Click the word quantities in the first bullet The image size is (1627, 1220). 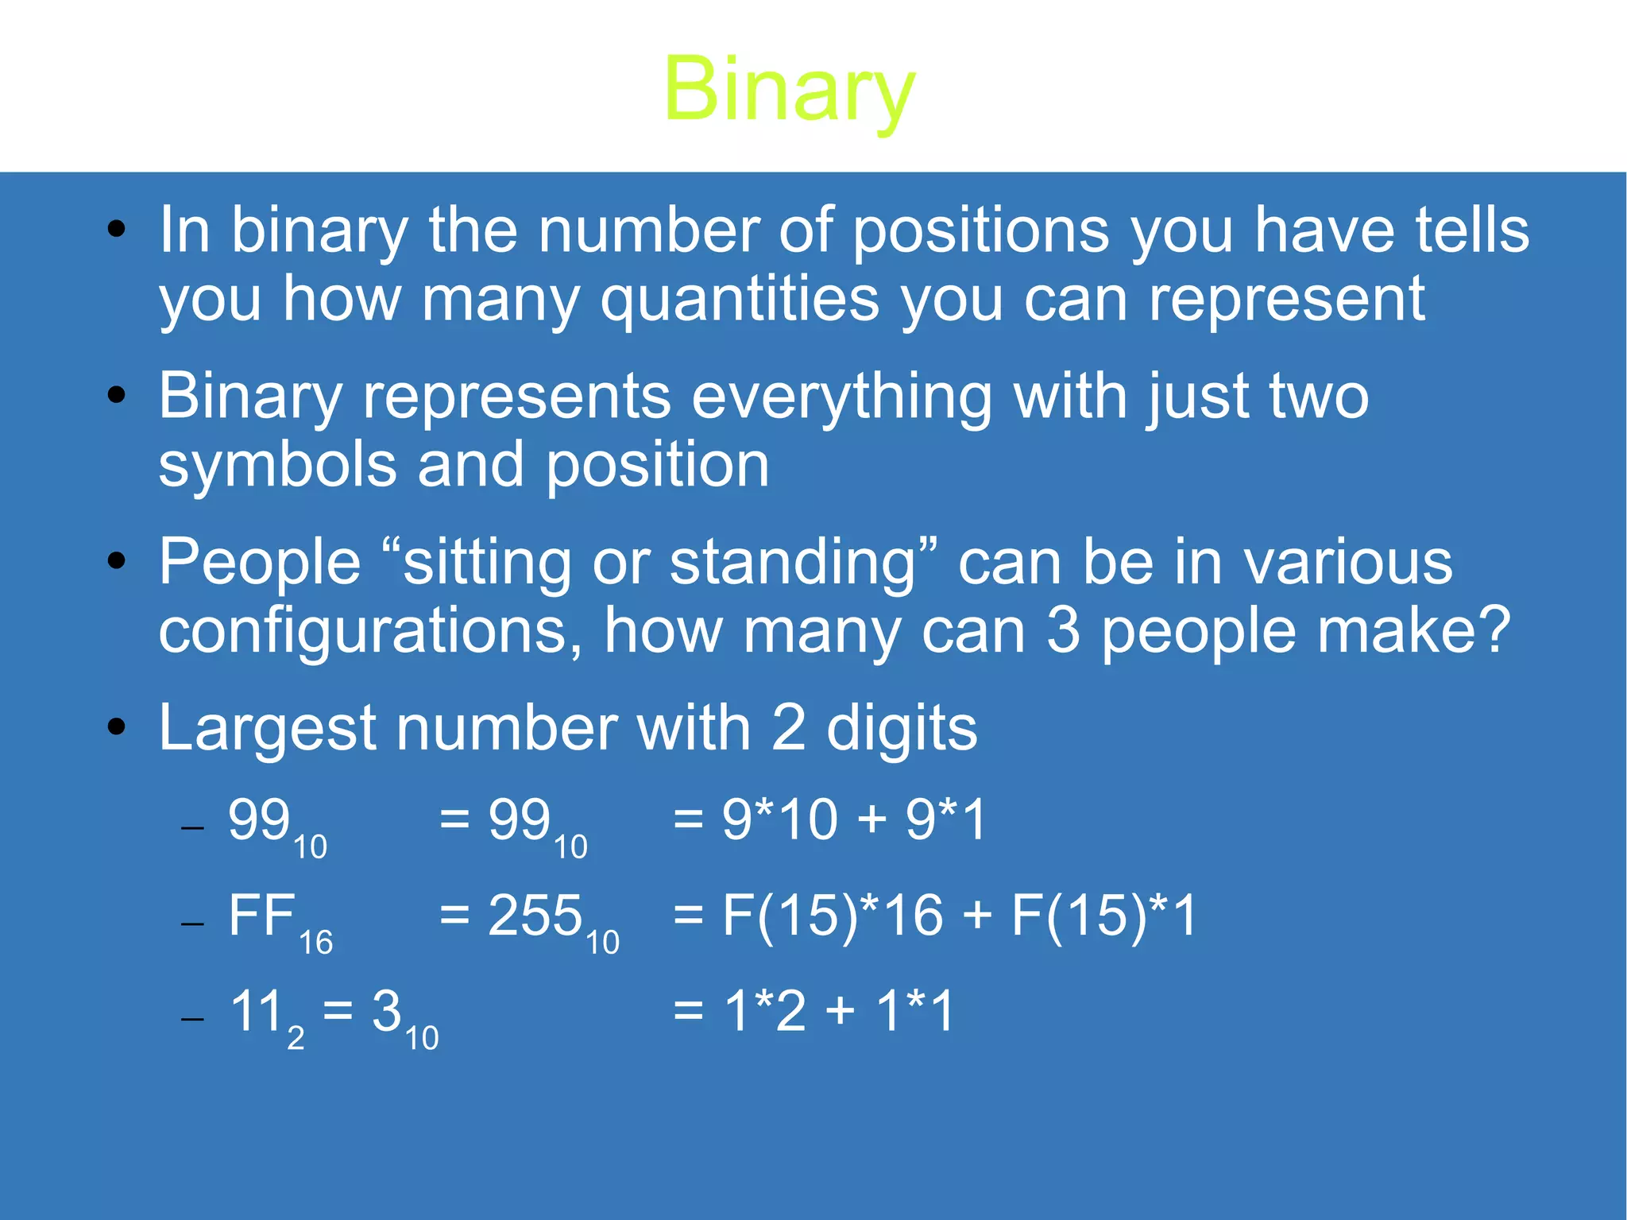740,300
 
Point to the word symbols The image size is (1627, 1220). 277,466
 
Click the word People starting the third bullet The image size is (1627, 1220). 260,563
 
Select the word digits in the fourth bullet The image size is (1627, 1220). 902,728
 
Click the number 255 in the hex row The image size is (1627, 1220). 535,916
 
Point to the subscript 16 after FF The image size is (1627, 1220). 315,943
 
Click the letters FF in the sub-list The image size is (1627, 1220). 261,916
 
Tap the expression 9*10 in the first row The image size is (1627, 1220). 779,819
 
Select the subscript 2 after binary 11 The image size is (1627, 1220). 296,1038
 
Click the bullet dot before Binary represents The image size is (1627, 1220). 117,395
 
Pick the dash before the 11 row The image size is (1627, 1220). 192,1019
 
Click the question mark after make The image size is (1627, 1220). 1496,629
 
